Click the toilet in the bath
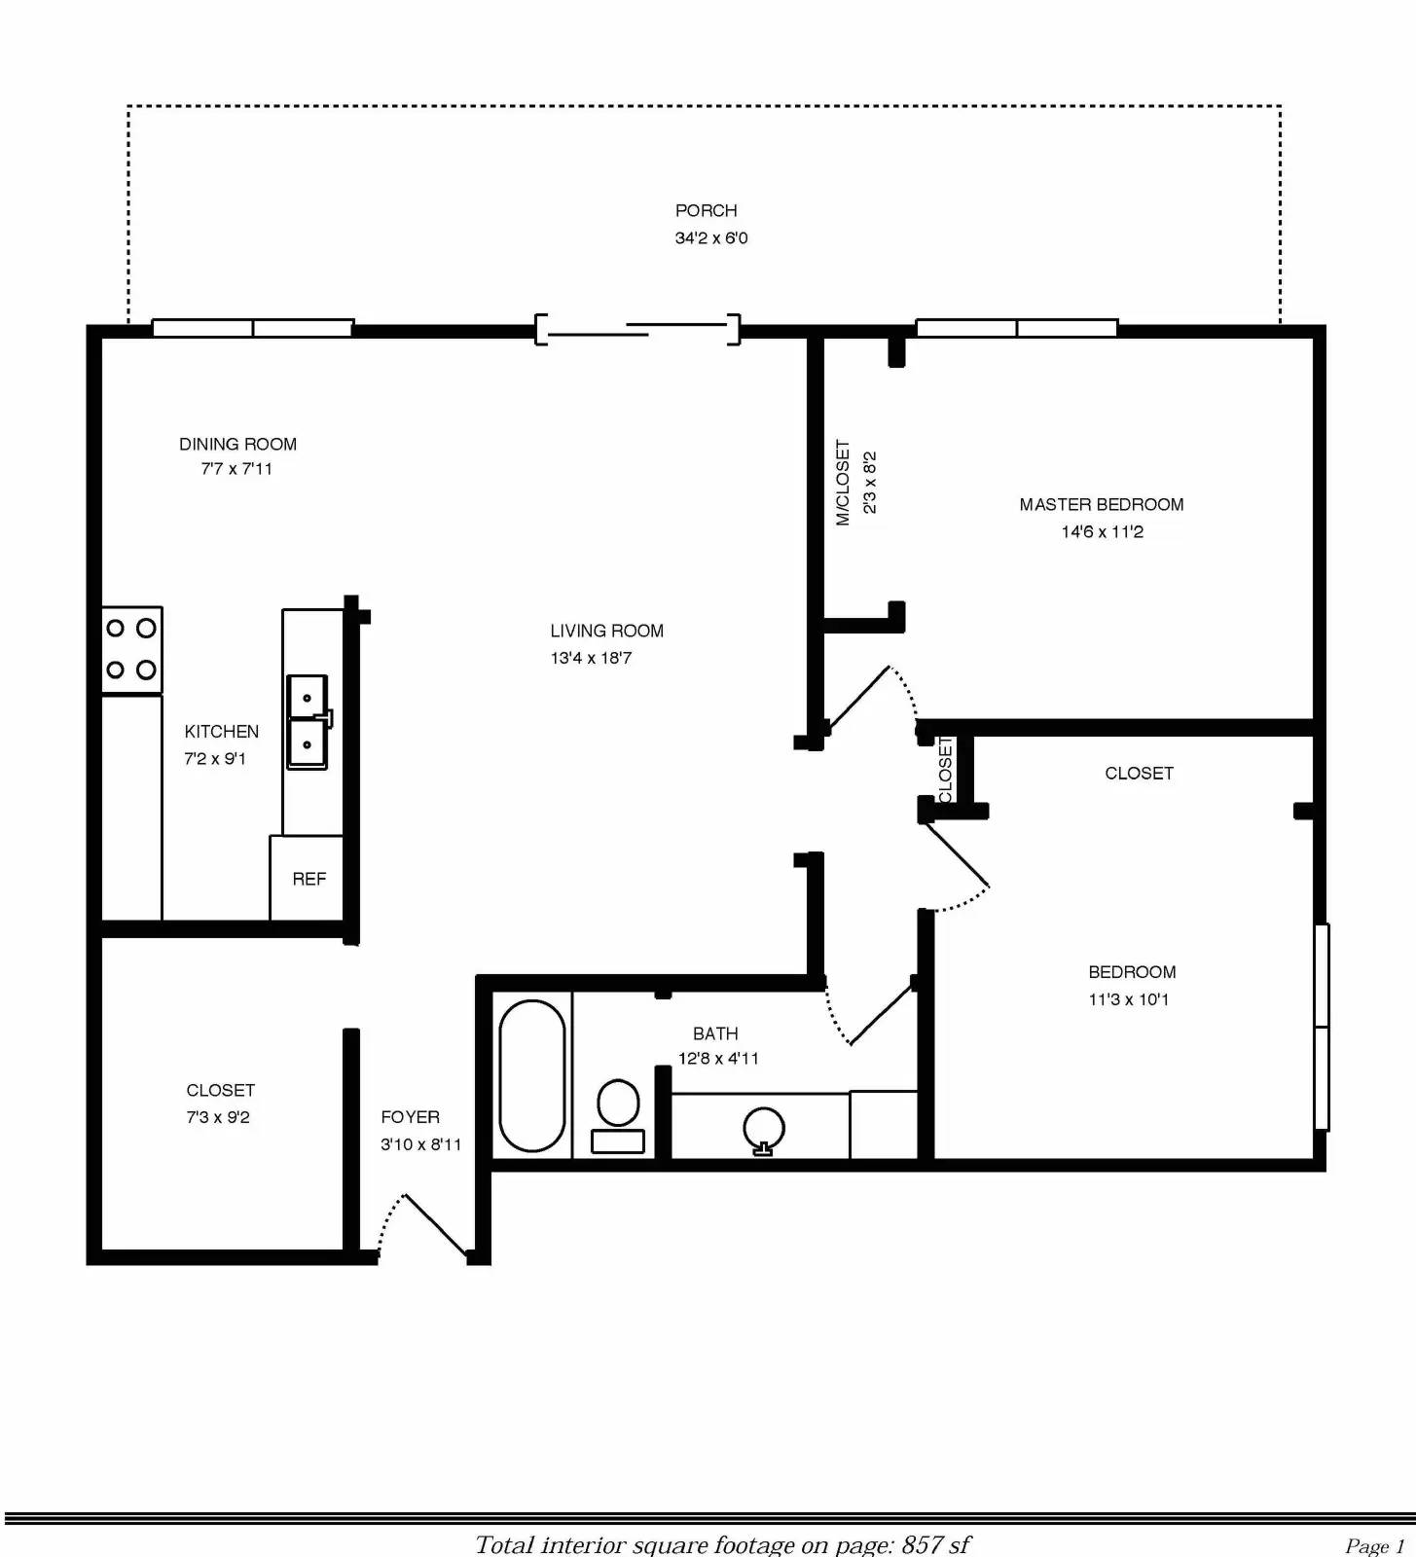[x=618, y=1116]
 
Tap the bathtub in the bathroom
[x=531, y=1075]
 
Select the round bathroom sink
[x=764, y=1130]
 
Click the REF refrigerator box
[x=307, y=878]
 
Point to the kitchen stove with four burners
[x=131, y=650]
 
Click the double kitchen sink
[x=308, y=722]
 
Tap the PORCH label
[x=707, y=210]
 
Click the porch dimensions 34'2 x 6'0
[x=711, y=237]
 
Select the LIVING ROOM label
[x=607, y=631]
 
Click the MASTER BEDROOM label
[x=1102, y=504]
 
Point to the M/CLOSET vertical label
[x=843, y=483]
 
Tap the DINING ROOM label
[x=237, y=444]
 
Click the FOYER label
[x=411, y=1117]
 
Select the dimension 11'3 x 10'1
[x=1129, y=999]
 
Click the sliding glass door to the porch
[x=637, y=330]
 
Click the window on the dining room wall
[x=253, y=328]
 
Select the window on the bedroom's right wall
[x=1322, y=1027]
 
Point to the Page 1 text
[x=1375, y=1545]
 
